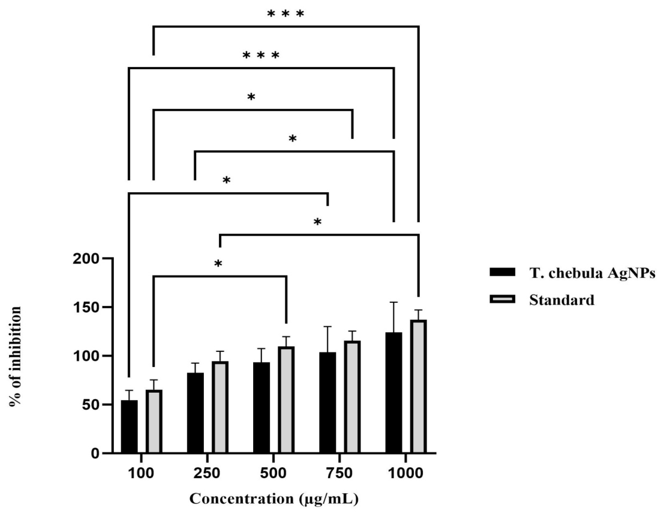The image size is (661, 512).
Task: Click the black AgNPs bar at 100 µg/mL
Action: [129, 426]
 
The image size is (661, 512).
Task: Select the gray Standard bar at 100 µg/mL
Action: [154, 421]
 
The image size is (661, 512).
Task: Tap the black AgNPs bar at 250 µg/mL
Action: [195, 413]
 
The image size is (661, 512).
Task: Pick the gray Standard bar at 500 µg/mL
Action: [286, 400]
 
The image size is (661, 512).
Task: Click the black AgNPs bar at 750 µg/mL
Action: [328, 402]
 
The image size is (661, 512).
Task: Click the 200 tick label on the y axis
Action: [86, 259]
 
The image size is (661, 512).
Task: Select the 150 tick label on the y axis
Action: [86, 308]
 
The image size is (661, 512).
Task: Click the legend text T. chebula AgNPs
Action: [592, 273]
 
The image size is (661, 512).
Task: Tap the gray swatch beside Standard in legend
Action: [502, 300]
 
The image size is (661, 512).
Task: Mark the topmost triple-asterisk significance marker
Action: [285, 14]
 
